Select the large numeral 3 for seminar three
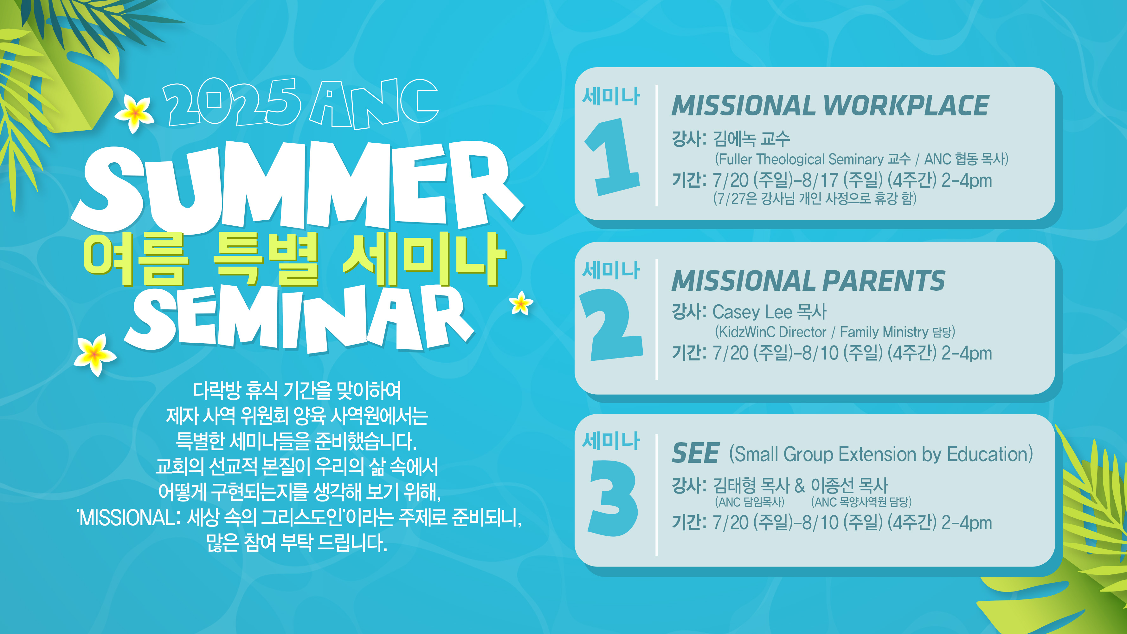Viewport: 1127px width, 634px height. click(x=613, y=498)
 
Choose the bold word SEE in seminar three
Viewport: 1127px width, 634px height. click(x=695, y=453)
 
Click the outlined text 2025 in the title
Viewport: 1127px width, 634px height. click(x=231, y=102)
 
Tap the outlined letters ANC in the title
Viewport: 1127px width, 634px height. click(x=374, y=104)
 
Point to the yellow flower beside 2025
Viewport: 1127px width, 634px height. click(x=135, y=113)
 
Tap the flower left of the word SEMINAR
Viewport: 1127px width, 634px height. click(x=95, y=354)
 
